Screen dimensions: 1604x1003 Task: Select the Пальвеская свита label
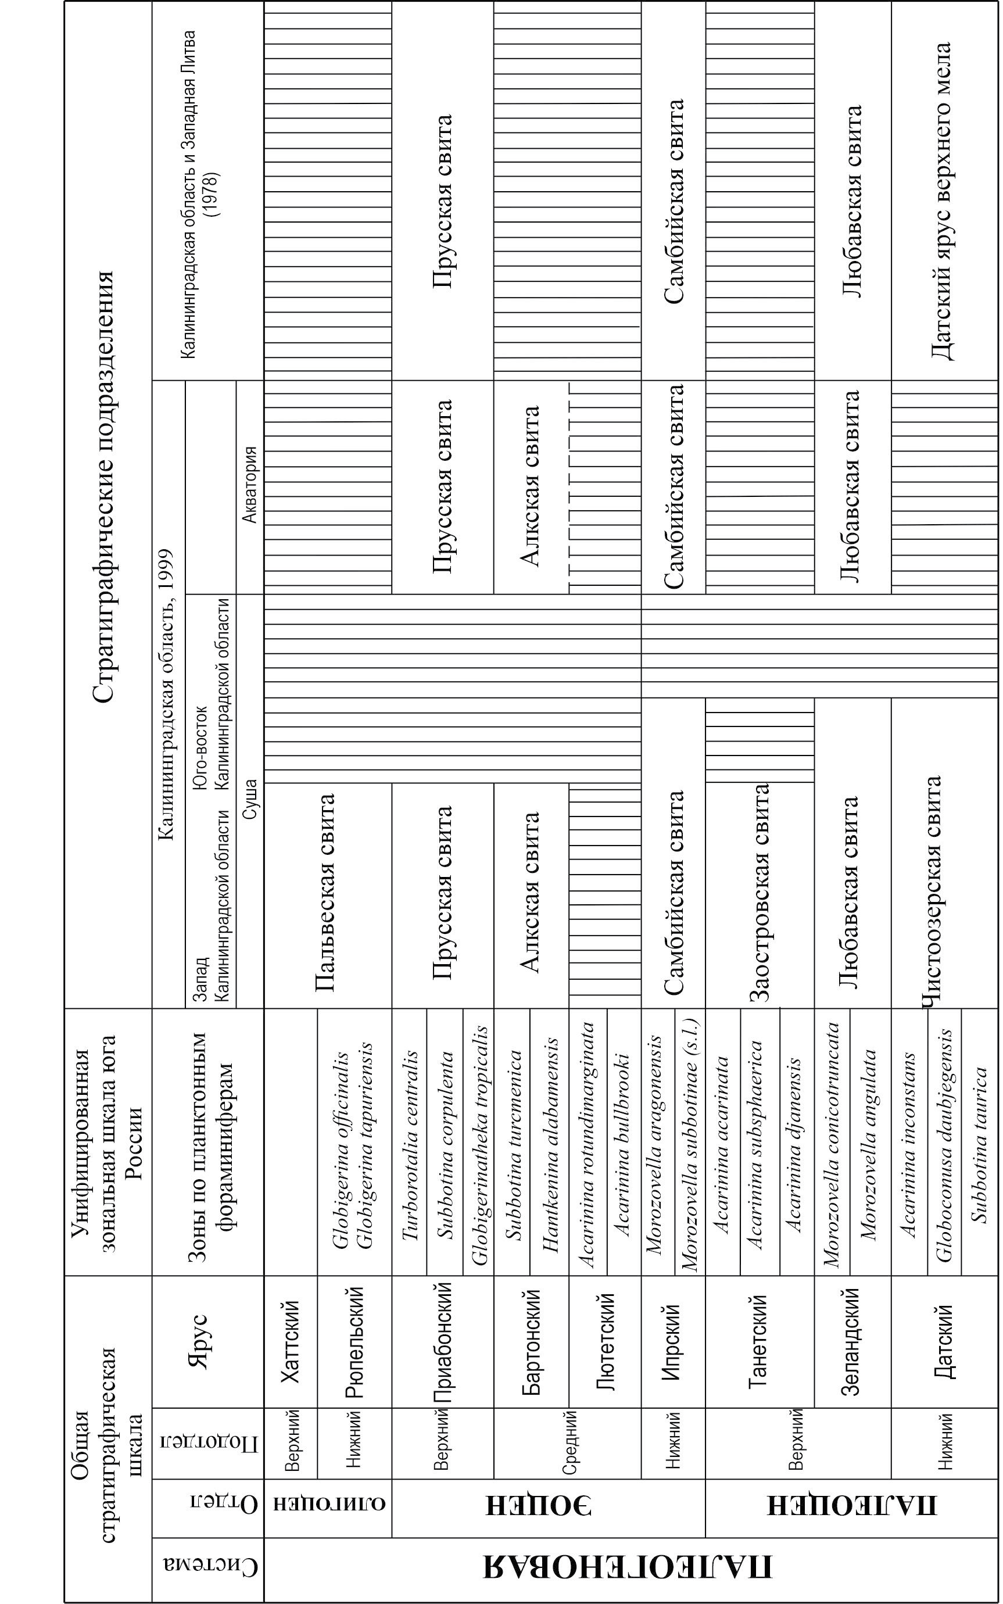click(325, 893)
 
